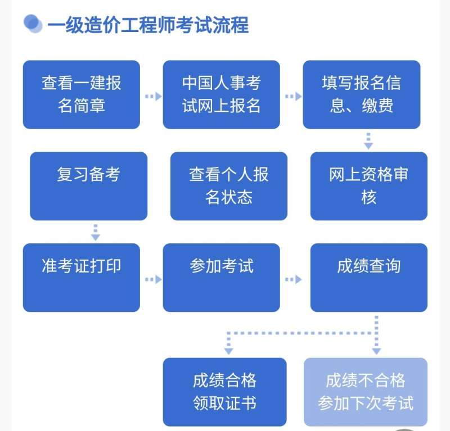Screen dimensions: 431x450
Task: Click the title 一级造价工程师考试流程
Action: pyautogui.click(x=147, y=25)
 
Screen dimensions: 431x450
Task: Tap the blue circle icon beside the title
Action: pyautogui.click(x=33, y=24)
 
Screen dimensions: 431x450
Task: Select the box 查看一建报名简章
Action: pyautogui.click(x=82, y=94)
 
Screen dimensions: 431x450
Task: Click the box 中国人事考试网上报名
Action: pyautogui.click(x=221, y=94)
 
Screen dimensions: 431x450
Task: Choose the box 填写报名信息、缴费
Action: pyautogui.click(x=361, y=94)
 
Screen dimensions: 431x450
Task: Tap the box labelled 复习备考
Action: pyautogui.click(x=88, y=185)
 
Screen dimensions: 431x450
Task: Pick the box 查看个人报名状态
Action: pyautogui.click(x=228, y=185)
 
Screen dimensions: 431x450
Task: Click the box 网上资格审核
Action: pyautogui.click(x=368, y=185)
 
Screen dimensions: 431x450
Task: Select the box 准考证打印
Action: pyautogui.click(x=82, y=277)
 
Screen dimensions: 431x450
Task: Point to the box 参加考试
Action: pyautogui.click(x=221, y=277)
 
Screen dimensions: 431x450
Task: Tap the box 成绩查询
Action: pyautogui.click(x=368, y=277)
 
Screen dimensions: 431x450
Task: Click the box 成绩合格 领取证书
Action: pyautogui.click(x=224, y=392)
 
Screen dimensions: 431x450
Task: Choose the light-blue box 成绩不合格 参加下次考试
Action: pyautogui.click(x=365, y=392)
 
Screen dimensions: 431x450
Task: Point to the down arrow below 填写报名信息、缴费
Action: pyautogui.click(x=368, y=140)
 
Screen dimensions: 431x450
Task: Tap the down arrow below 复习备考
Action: pyautogui.click(x=96, y=232)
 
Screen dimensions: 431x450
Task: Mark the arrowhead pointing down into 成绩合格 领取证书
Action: pyautogui.click(x=228, y=350)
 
